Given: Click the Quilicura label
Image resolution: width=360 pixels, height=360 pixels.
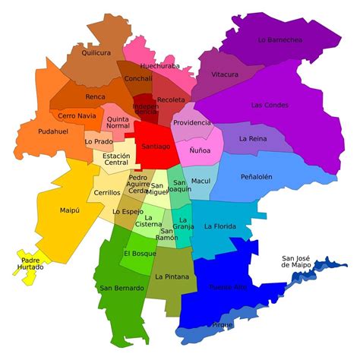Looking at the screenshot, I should coord(96,53).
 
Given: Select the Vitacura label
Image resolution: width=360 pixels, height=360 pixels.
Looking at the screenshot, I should coord(225,74).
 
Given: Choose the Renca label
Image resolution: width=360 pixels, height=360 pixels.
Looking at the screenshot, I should coord(95,97).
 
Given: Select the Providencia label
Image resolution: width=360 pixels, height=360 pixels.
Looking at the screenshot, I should coord(191,122).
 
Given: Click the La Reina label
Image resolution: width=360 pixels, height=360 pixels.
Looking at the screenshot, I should coord(252,139).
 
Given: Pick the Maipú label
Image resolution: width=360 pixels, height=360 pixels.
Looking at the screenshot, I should coord(69,210).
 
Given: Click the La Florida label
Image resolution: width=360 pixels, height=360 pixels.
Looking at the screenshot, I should coord(219,226).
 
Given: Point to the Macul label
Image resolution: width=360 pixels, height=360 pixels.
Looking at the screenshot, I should coord(201,182).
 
